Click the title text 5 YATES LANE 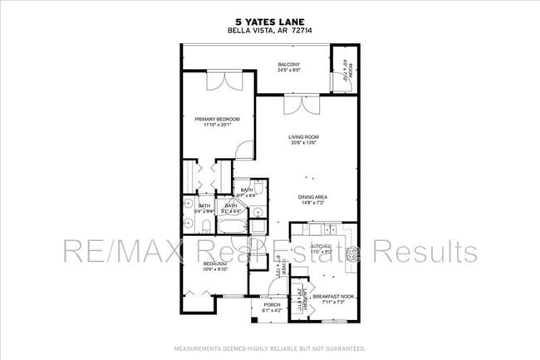tap(270, 23)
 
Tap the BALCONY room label tap(288, 65)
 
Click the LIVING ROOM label tap(304, 137)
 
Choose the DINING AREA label tap(312, 197)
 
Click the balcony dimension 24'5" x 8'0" tap(288, 71)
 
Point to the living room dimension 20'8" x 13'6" tap(304, 143)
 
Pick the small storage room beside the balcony tap(348, 71)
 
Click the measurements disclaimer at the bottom tap(270, 347)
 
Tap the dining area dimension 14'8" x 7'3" tap(312, 203)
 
